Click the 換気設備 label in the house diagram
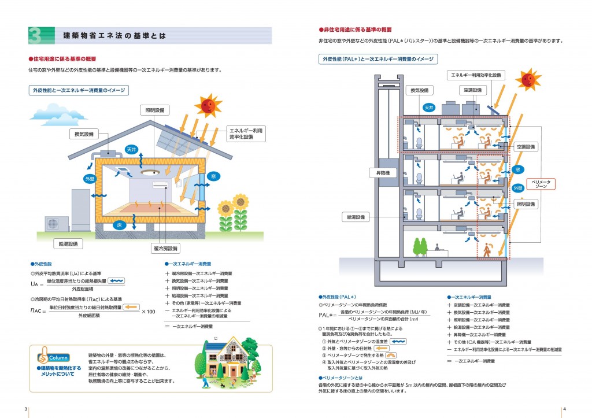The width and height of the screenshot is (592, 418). [84, 134]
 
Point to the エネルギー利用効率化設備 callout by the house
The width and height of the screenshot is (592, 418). [246, 134]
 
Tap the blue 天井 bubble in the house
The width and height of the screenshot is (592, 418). [131, 150]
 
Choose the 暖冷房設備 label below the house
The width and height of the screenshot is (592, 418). [166, 248]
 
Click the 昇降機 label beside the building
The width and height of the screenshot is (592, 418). [380, 172]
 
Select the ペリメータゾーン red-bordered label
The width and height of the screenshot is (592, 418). [543, 184]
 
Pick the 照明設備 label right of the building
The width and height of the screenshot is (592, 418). [526, 204]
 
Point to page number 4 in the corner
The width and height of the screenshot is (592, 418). [564, 409]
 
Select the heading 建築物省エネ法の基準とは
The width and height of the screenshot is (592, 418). [114, 36]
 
